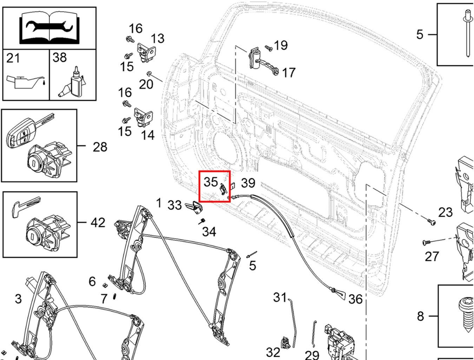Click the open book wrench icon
(50, 28)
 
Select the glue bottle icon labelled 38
(72, 83)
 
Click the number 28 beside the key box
(100, 147)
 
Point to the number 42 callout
(98, 223)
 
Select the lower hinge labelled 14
(144, 117)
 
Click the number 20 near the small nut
(146, 84)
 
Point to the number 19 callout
(281, 45)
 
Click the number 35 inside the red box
(211, 182)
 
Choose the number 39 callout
(248, 183)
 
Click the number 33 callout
(175, 205)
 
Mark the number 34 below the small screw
(209, 232)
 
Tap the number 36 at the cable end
(355, 299)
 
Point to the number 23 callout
(445, 212)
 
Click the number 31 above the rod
(280, 297)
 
